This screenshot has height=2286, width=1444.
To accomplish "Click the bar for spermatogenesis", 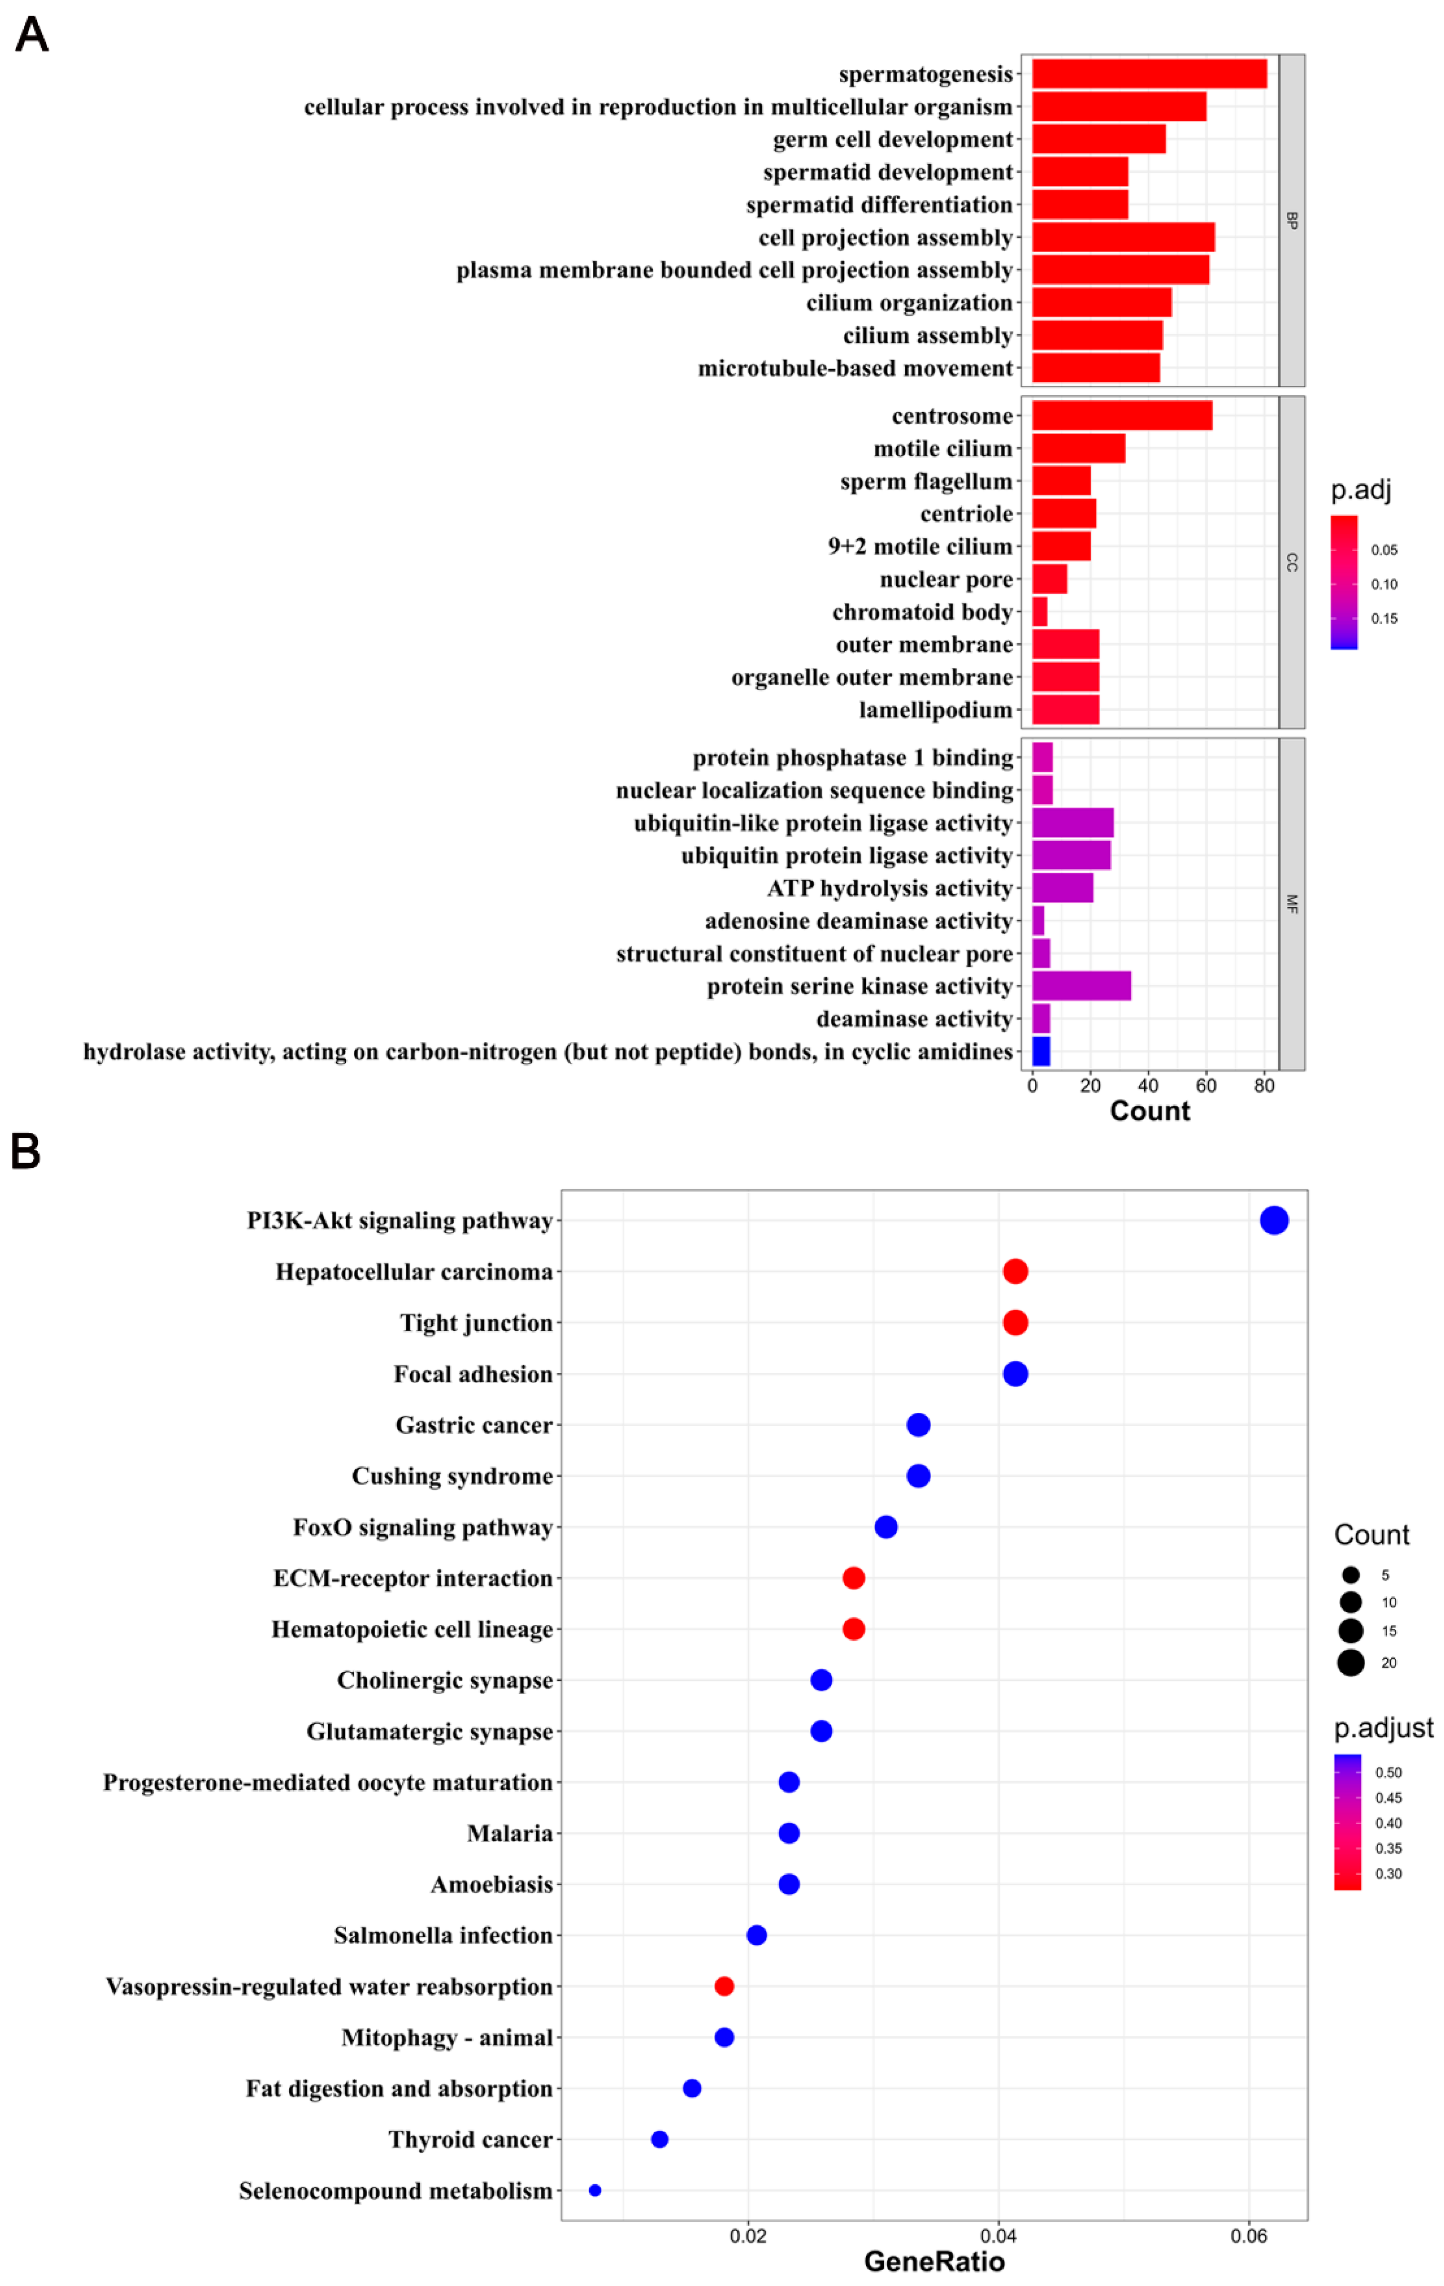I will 1149,74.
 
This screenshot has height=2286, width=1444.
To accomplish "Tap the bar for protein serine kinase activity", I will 1082,986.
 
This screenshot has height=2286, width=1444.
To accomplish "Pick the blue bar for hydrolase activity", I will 1041,1052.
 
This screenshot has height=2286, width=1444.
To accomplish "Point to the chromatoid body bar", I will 1040,612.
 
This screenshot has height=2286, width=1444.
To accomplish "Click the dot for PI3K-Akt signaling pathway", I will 1274,1221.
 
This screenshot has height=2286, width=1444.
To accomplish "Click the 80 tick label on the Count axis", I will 1263,1086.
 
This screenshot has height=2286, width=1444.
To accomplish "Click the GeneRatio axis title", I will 934,2262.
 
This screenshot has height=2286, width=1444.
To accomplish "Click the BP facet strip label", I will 1291,220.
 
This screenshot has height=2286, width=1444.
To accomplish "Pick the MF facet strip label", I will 1291,904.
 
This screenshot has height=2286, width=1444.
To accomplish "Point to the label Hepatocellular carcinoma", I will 414,1272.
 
